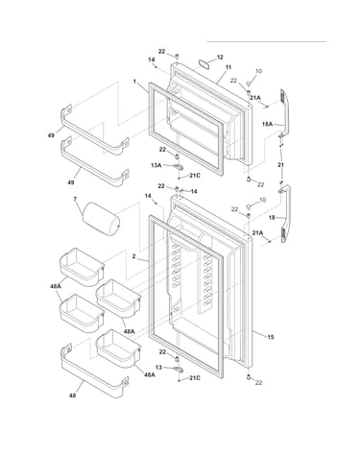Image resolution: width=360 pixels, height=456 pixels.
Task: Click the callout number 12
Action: [220, 58]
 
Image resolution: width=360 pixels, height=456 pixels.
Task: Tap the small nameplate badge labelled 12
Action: [204, 63]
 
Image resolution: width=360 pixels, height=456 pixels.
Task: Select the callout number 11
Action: [228, 67]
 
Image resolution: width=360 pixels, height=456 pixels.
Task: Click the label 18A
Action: [267, 124]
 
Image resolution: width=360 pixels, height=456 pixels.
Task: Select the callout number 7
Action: [75, 199]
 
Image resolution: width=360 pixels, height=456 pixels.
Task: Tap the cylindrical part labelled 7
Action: [101, 219]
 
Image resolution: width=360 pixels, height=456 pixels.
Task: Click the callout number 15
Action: [271, 337]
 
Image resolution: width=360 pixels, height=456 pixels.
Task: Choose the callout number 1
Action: [134, 82]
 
